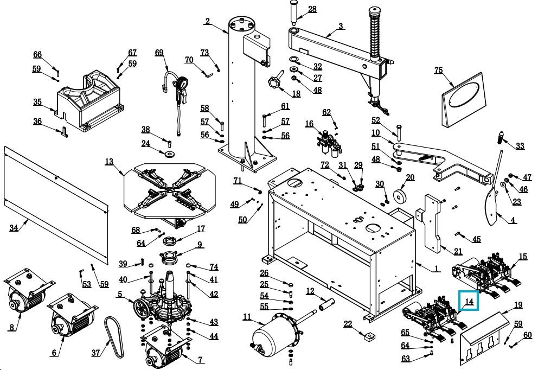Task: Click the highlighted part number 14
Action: point(469,301)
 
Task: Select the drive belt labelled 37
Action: point(116,336)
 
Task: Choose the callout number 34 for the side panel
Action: point(14,228)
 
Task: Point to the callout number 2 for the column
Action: point(207,21)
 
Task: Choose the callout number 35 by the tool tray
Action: point(37,102)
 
